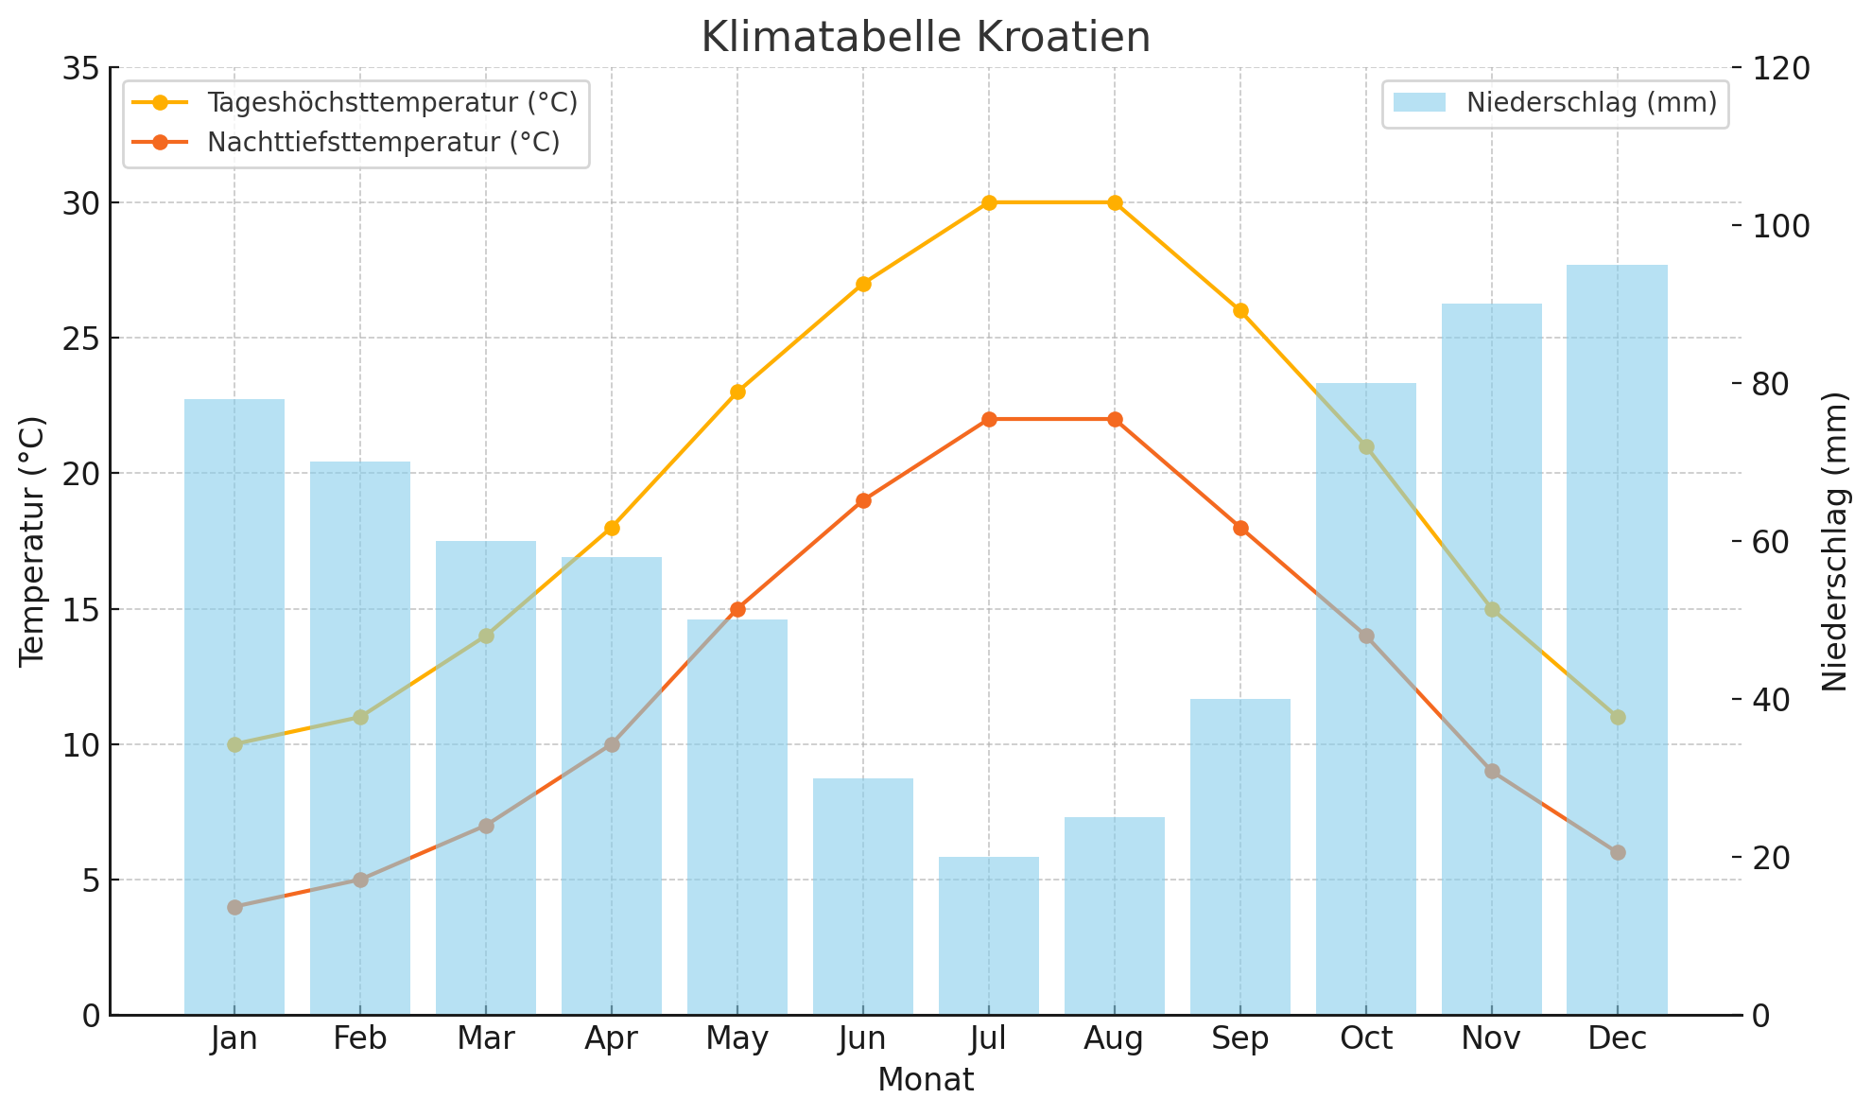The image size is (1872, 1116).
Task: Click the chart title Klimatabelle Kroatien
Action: click(926, 38)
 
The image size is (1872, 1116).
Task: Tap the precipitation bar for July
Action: click(988, 935)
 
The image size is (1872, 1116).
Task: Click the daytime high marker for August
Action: click(1115, 202)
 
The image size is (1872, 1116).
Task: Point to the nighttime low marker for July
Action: click(988, 419)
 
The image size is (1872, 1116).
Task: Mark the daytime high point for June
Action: click(863, 284)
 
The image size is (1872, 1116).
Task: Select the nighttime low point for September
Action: click(1240, 528)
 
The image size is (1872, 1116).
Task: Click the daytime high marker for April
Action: click(612, 528)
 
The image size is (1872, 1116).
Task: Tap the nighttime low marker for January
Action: click(234, 907)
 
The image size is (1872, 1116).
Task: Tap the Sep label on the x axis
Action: click(1240, 1039)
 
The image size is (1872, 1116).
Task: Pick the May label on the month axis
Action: click(737, 1039)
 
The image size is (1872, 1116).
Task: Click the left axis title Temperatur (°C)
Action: click(32, 541)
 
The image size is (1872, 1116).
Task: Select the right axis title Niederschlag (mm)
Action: click(1835, 541)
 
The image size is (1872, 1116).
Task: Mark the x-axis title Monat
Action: click(926, 1080)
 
